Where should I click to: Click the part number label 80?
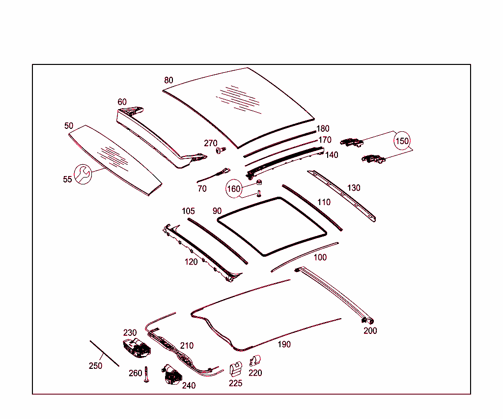(x=168, y=80)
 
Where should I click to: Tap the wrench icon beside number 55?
(x=82, y=174)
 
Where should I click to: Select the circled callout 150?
(x=402, y=141)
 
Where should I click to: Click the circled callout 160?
(x=234, y=189)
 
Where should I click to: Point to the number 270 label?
(x=210, y=143)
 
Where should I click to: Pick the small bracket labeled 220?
(x=255, y=360)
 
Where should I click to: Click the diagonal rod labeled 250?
(x=104, y=353)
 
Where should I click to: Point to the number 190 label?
(x=284, y=344)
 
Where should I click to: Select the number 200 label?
(x=370, y=331)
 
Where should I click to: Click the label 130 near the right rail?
(x=353, y=188)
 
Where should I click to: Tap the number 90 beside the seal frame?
(x=217, y=211)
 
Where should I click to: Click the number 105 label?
(x=188, y=211)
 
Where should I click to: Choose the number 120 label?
(x=191, y=262)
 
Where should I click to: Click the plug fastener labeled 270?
(x=222, y=150)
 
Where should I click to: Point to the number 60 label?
(x=122, y=102)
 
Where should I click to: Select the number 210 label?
(x=187, y=346)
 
